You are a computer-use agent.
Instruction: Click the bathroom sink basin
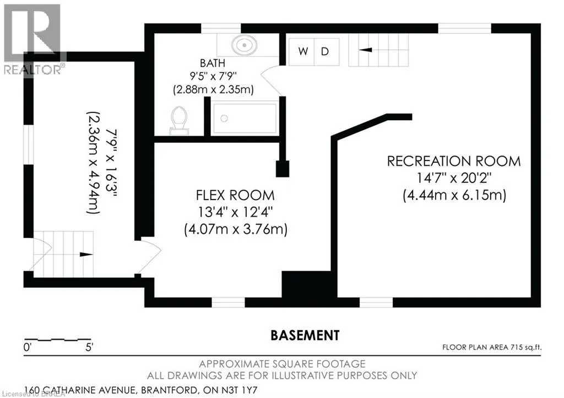tap(244, 45)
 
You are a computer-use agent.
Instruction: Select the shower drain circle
tap(224, 119)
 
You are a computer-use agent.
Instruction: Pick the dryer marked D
tap(327, 52)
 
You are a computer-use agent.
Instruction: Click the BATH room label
tap(213, 63)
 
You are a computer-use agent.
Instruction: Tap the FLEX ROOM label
tap(235, 195)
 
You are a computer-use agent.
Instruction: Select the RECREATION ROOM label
tap(454, 161)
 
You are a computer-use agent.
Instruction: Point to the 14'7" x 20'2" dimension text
tap(454, 178)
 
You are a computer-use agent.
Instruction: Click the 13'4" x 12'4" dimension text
tap(235, 212)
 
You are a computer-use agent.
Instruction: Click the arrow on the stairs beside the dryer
tap(366, 50)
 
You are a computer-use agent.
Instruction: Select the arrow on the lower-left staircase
tap(86, 255)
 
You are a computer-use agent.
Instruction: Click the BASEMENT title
tap(305, 335)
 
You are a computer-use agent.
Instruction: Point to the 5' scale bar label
tap(89, 348)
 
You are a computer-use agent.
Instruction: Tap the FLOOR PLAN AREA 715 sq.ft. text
tap(492, 347)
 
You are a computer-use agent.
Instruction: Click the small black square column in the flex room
tap(283, 169)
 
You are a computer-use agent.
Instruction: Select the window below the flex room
tap(228, 303)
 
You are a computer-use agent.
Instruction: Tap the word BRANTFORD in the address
tap(169, 390)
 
